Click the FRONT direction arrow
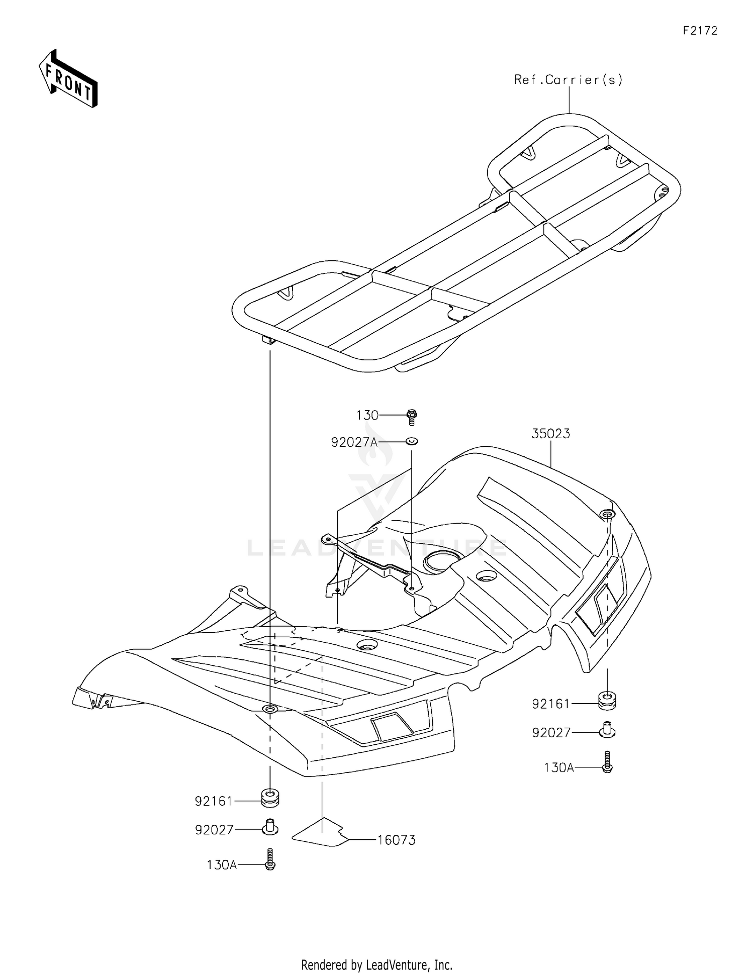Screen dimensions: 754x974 click(x=68, y=78)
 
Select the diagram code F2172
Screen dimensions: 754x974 click(x=700, y=31)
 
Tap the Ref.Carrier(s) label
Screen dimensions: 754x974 click(x=569, y=79)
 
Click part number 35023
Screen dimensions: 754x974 click(x=551, y=434)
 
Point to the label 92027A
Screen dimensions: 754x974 click(x=354, y=442)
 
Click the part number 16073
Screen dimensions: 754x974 click(x=397, y=840)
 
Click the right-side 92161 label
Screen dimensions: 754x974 click(x=551, y=704)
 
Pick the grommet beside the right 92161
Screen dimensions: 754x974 click(x=608, y=701)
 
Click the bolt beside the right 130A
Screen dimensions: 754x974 click(x=608, y=762)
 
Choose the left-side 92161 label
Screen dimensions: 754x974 click(x=214, y=801)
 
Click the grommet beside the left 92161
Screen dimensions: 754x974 click(x=270, y=798)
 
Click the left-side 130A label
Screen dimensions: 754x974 click(x=222, y=865)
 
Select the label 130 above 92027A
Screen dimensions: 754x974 click(x=367, y=416)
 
